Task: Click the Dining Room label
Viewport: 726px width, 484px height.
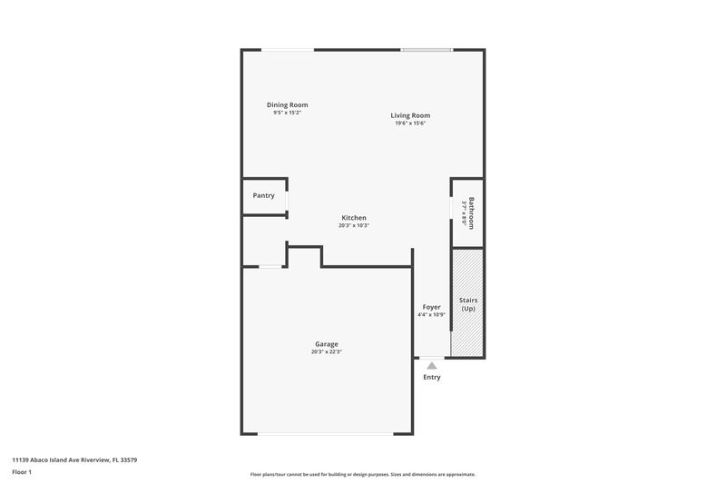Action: [287, 105]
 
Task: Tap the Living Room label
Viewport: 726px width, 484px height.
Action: [410, 115]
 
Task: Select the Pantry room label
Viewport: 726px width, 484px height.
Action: [264, 195]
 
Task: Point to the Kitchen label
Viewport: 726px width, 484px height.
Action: [354, 218]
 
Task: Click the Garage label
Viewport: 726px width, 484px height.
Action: [327, 344]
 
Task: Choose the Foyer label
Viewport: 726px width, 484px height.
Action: [432, 307]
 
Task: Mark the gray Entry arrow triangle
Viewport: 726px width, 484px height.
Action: [432, 364]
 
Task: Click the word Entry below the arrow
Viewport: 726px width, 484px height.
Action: [432, 378]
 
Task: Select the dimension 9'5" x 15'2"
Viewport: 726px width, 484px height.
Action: [287, 114]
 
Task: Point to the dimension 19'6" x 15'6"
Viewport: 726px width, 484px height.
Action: [410, 123]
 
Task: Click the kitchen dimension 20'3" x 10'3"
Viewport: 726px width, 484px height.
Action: [354, 226]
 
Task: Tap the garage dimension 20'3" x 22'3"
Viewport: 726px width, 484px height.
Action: [327, 352]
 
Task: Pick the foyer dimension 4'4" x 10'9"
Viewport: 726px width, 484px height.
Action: [432, 315]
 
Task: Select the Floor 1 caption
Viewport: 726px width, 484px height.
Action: [23, 472]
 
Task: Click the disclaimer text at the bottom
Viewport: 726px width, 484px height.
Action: [362, 475]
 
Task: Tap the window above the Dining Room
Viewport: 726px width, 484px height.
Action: [290, 50]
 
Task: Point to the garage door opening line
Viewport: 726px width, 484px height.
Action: [327, 434]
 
